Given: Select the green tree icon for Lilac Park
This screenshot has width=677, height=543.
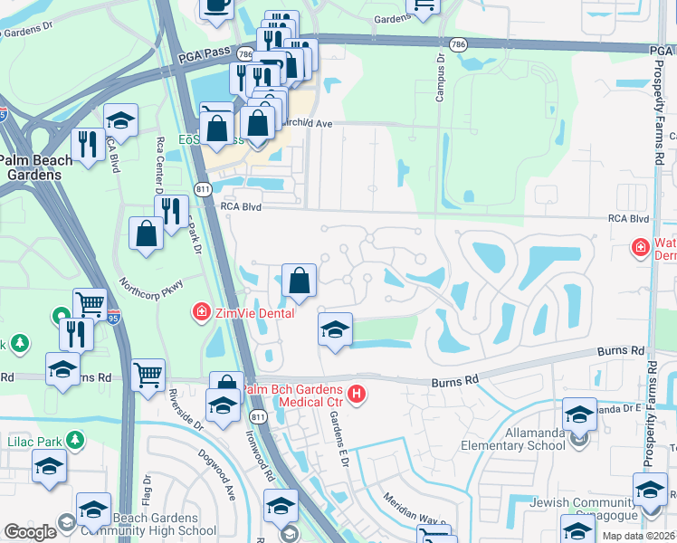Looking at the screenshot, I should click(74, 441).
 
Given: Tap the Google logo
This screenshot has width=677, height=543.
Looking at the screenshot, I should click(30, 532).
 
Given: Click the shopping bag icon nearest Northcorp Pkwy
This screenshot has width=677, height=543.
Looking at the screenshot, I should click(146, 234).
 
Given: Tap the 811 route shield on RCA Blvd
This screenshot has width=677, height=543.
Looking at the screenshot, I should click(202, 189).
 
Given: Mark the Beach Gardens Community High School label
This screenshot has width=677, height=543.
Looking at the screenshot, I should click(136, 526).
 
